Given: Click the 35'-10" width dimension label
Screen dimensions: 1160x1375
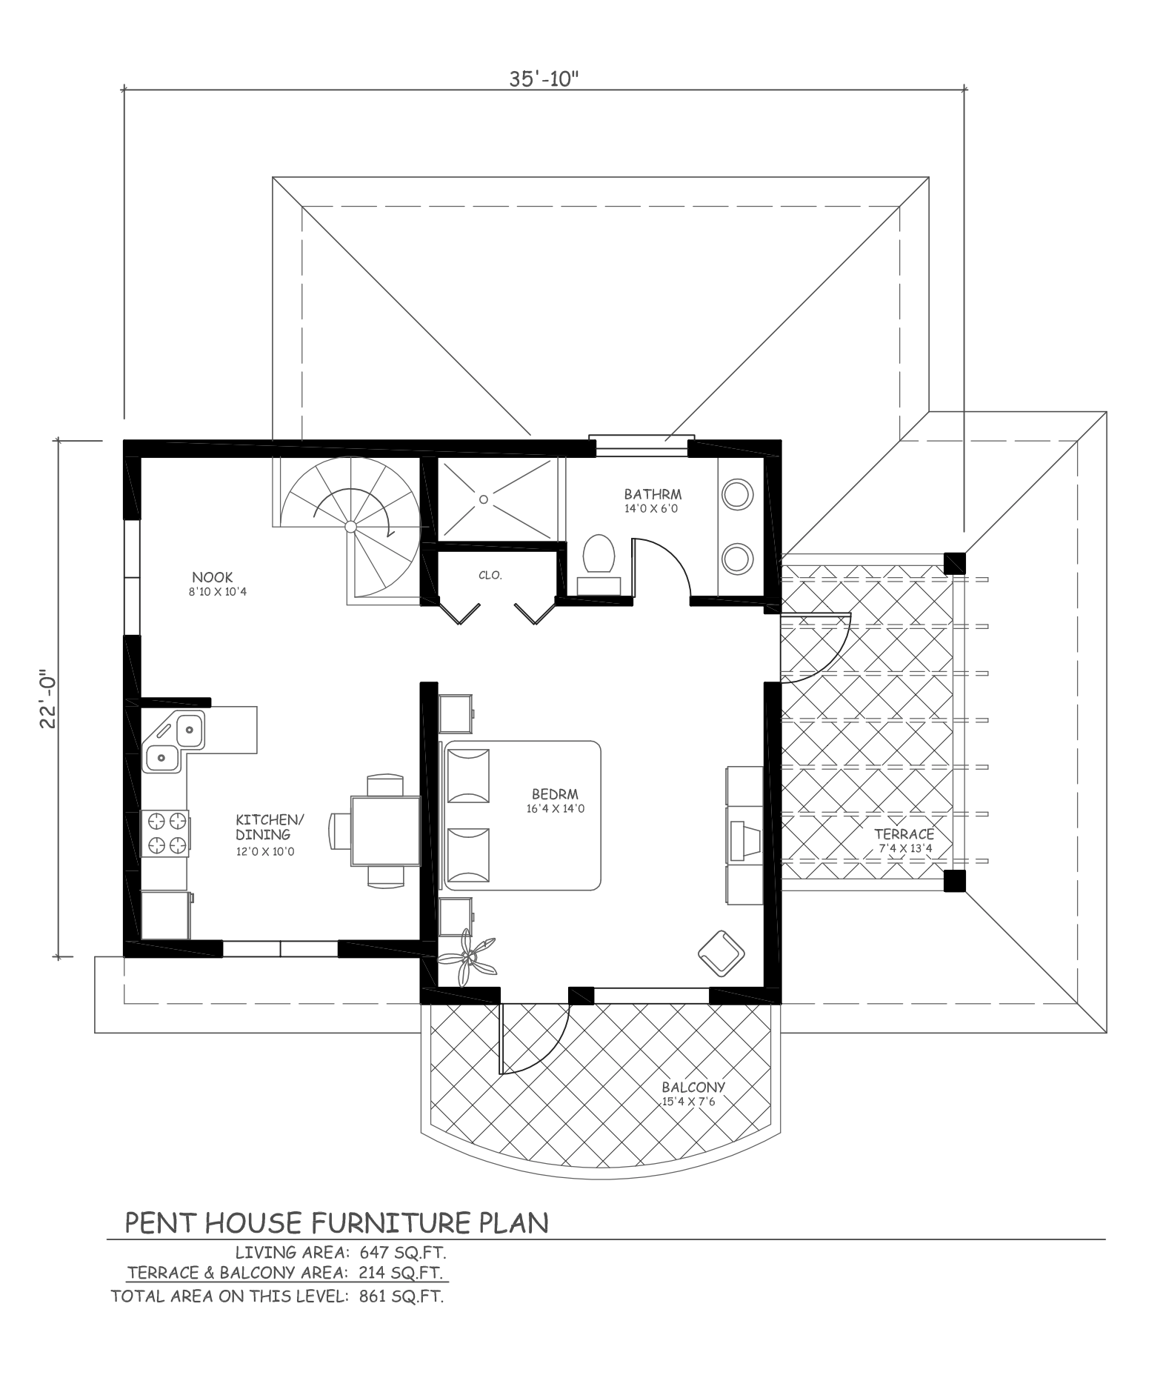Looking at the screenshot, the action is point(543,79).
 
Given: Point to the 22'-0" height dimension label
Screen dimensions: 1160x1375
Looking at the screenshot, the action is point(48,699).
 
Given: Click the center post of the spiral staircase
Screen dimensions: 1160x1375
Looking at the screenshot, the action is point(351,526).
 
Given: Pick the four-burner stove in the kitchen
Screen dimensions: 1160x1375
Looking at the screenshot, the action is point(166,832).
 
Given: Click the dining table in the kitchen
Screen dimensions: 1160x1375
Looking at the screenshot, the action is point(386,830).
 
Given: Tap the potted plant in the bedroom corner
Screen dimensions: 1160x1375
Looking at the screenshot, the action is point(467,960).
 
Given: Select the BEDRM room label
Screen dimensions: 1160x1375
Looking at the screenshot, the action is point(555,793).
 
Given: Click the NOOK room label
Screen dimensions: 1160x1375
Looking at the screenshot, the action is point(213,577).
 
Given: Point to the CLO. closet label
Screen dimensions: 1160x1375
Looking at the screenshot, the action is point(490,575).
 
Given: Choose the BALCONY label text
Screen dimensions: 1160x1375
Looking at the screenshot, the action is point(693,1088).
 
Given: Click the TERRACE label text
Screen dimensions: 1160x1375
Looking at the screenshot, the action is point(904,834).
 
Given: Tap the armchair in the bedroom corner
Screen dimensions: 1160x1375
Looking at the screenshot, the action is point(721,954).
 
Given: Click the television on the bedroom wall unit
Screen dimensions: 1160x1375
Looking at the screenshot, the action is point(743,842).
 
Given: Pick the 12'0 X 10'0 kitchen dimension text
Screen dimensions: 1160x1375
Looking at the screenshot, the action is point(265,852).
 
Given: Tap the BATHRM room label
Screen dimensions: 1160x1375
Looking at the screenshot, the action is point(653,494).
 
